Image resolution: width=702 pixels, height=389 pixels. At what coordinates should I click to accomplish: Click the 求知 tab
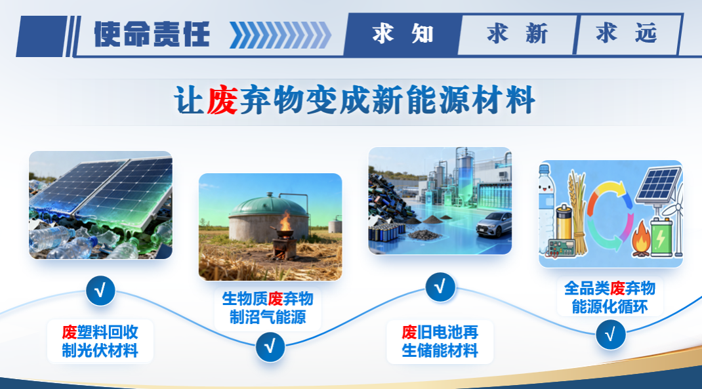coord(402,34)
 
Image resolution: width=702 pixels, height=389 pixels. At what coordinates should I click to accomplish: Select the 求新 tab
coord(517,34)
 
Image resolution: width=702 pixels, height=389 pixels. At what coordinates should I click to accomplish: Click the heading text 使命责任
coord(152,34)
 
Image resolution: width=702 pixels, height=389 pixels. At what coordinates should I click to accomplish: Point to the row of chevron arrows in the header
coord(280,35)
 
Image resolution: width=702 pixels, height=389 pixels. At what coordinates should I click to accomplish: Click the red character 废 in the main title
coord(222,100)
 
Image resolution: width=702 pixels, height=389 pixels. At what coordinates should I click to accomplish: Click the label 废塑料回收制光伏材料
coord(100,341)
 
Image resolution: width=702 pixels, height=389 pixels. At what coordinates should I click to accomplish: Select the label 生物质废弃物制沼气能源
coord(268,308)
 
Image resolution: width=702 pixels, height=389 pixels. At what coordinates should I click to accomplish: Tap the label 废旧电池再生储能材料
coord(440,341)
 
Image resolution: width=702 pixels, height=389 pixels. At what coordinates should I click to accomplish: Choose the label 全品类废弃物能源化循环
coord(609,297)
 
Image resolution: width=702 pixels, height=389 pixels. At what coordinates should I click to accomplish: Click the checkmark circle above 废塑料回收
coord(100,291)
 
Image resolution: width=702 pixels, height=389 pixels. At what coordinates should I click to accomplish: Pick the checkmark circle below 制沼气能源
coord(270,346)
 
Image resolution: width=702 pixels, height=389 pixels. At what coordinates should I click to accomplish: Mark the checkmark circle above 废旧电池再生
coord(440,287)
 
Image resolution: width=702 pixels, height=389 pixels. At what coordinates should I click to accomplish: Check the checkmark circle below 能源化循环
coord(610,335)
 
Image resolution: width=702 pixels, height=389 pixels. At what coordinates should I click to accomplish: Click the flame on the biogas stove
coord(285,221)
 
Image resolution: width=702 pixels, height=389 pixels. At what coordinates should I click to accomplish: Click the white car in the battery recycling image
coord(494,224)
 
